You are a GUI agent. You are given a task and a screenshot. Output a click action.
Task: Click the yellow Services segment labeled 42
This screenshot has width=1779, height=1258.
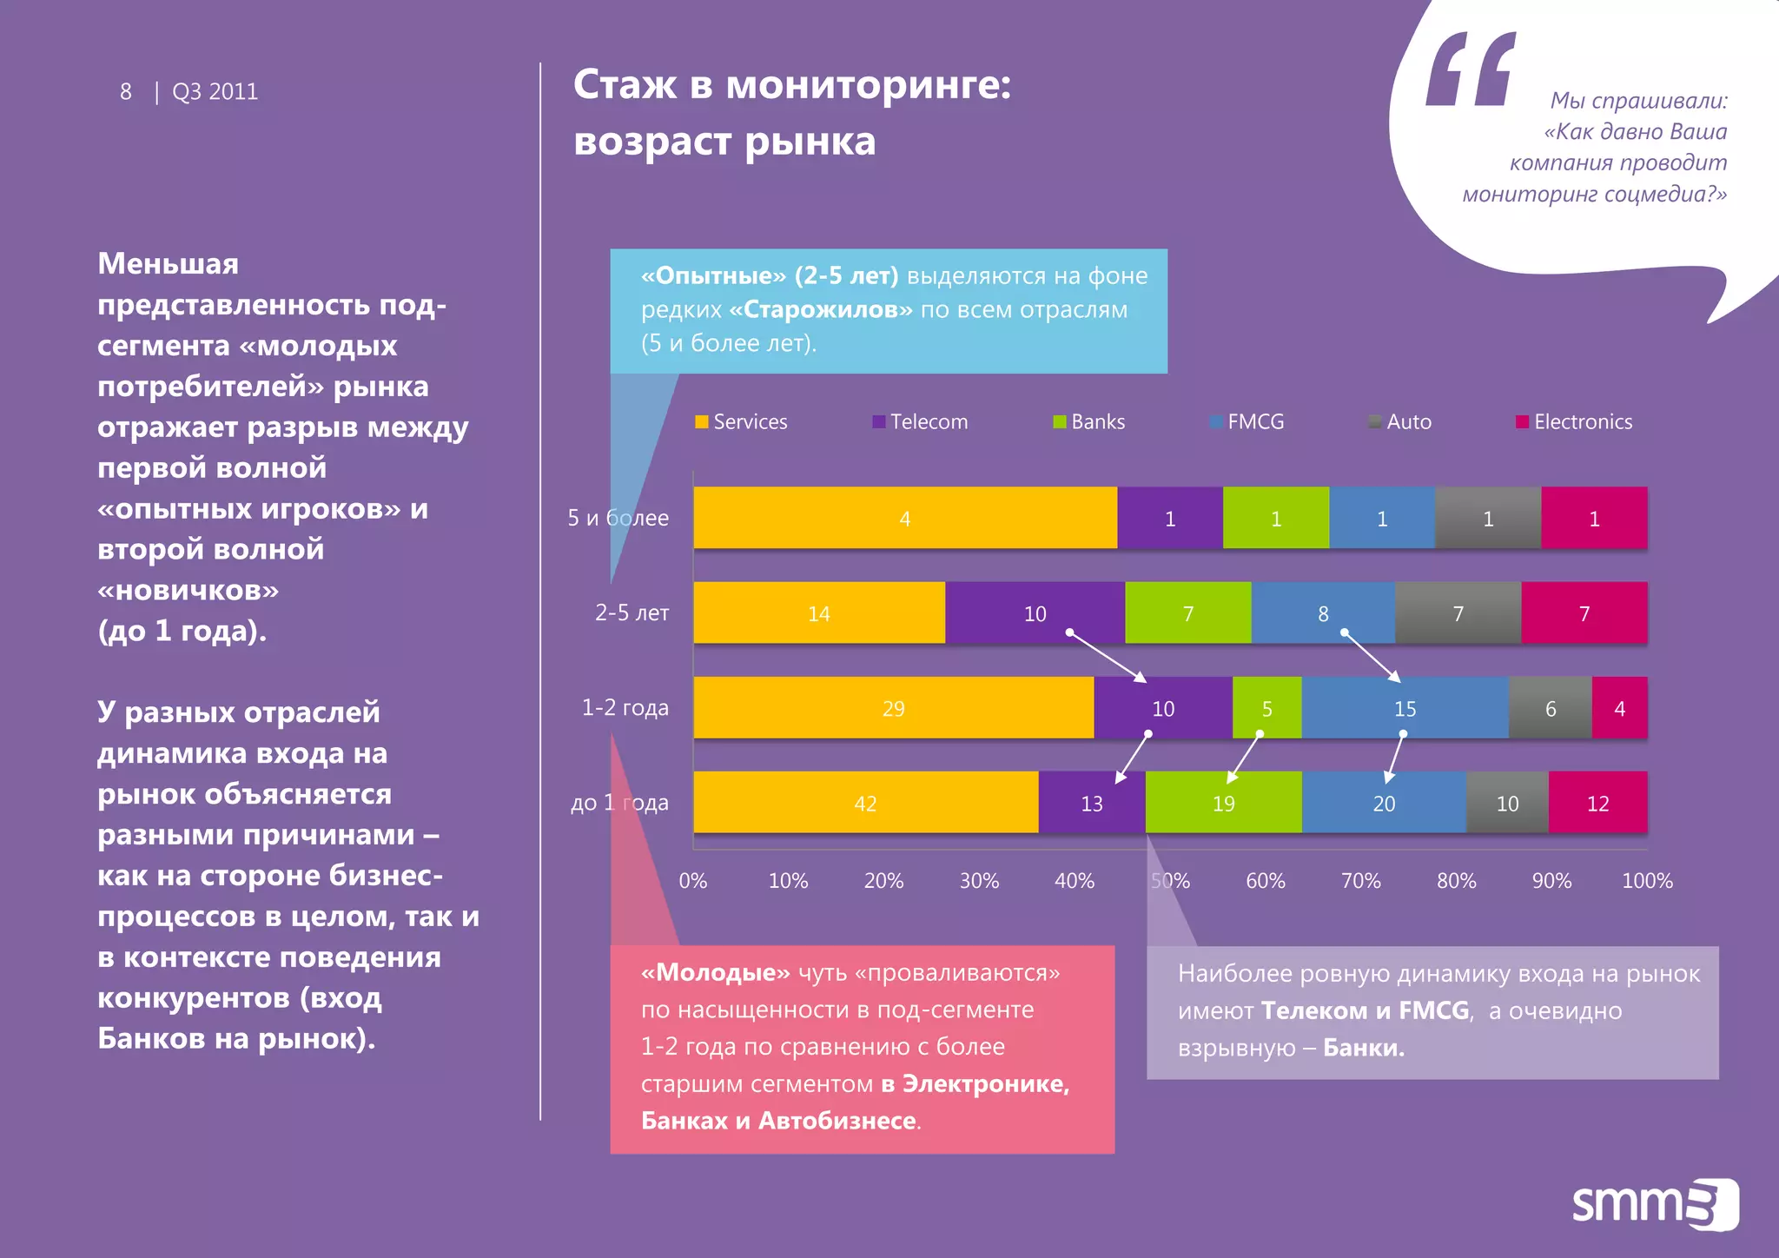click(865, 803)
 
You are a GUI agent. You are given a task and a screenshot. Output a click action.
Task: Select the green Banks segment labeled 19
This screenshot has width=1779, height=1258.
click(1223, 803)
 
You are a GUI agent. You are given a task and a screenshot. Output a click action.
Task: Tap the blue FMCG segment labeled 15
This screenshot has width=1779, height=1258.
click(1405, 708)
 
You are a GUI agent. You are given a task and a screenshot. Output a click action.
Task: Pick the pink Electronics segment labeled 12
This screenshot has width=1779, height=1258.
click(1597, 803)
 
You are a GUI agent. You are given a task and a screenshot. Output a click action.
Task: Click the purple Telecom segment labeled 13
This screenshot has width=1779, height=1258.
click(1091, 803)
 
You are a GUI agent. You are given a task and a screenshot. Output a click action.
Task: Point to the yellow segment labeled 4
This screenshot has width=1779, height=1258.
click(904, 519)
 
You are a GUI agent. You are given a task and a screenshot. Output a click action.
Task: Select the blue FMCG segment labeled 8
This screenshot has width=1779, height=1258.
click(1322, 613)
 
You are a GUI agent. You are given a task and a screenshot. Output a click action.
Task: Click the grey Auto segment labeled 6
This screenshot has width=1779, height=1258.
click(1550, 708)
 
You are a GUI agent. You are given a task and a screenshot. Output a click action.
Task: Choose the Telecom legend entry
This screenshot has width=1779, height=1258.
click(920, 422)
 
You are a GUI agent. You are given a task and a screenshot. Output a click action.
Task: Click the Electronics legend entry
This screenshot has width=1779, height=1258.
click(1574, 422)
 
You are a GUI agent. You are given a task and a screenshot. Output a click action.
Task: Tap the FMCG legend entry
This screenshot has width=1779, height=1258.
click(1247, 422)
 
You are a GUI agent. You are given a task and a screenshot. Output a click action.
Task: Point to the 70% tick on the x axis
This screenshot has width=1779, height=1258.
click(1360, 881)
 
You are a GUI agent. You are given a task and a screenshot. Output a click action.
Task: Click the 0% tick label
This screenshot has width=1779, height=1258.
click(693, 881)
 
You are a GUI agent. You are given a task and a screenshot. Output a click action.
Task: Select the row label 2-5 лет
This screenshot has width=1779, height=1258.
click(632, 612)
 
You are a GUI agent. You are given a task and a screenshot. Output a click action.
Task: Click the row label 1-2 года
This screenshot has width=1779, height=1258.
click(625, 707)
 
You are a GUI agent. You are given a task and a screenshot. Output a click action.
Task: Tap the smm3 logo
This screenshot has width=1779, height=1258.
click(1654, 1204)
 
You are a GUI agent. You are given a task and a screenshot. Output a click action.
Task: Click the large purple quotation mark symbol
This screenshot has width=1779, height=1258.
click(1471, 70)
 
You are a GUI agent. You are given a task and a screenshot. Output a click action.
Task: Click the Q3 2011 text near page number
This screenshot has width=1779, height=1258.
click(215, 92)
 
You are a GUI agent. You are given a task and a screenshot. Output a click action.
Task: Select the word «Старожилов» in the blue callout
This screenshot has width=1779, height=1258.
click(821, 310)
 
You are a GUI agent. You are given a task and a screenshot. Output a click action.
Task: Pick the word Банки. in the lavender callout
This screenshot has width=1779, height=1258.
click(1363, 1048)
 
